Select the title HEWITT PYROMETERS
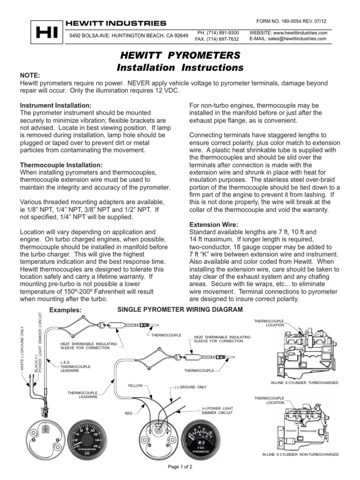(x=180, y=54)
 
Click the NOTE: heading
(x=29, y=75)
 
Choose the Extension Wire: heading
(x=209, y=225)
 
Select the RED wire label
(x=129, y=414)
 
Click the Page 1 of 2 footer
(x=180, y=467)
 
